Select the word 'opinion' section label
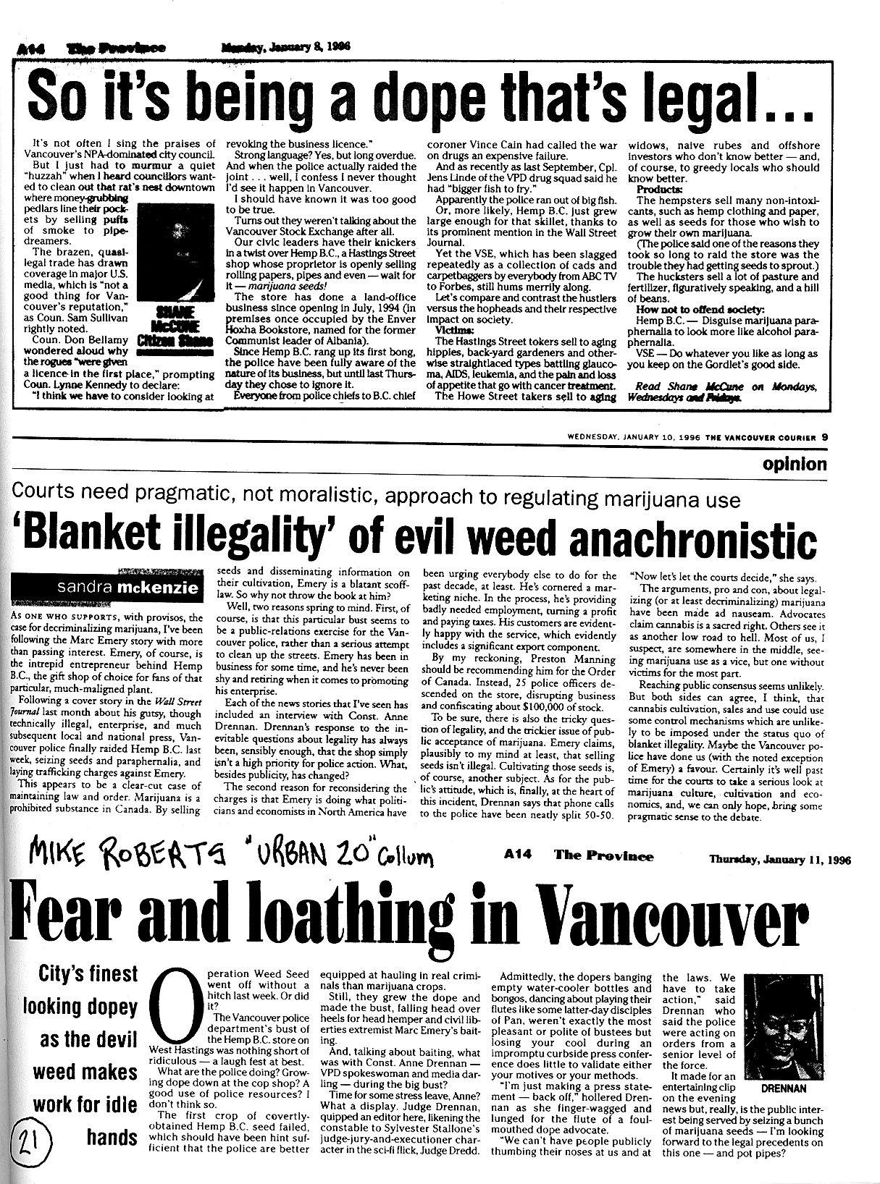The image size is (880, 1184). tap(794, 464)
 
